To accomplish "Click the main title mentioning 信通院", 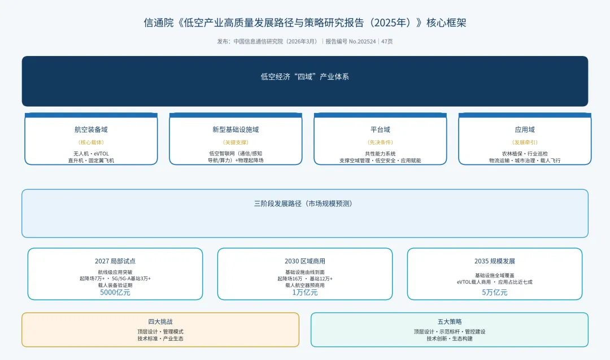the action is [x=304, y=23].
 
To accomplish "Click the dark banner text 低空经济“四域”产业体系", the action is [x=304, y=77].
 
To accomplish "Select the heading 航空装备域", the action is [x=91, y=129].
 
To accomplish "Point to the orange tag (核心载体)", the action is [x=91, y=142].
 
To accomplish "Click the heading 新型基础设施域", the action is [x=236, y=129].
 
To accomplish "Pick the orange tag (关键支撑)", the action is [x=236, y=142].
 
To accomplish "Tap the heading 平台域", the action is [x=380, y=129].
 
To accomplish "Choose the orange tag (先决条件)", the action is [x=380, y=142].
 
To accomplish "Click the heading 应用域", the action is [x=525, y=129].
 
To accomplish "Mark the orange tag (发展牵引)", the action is [x=525, y=142].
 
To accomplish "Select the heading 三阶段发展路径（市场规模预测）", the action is [x=304, y=203].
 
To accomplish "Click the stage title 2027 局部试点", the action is [x=115, y=261].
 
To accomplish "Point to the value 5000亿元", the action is [x=115, y=292].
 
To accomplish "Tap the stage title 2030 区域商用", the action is [x=305, y=261].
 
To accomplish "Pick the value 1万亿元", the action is [x=305, y=292].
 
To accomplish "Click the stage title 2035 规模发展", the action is [x=494, y=261].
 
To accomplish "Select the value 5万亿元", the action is [x=494, y=292].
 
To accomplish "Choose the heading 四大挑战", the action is [x=160, y=322].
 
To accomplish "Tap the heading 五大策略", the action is [x=450, y=322].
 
